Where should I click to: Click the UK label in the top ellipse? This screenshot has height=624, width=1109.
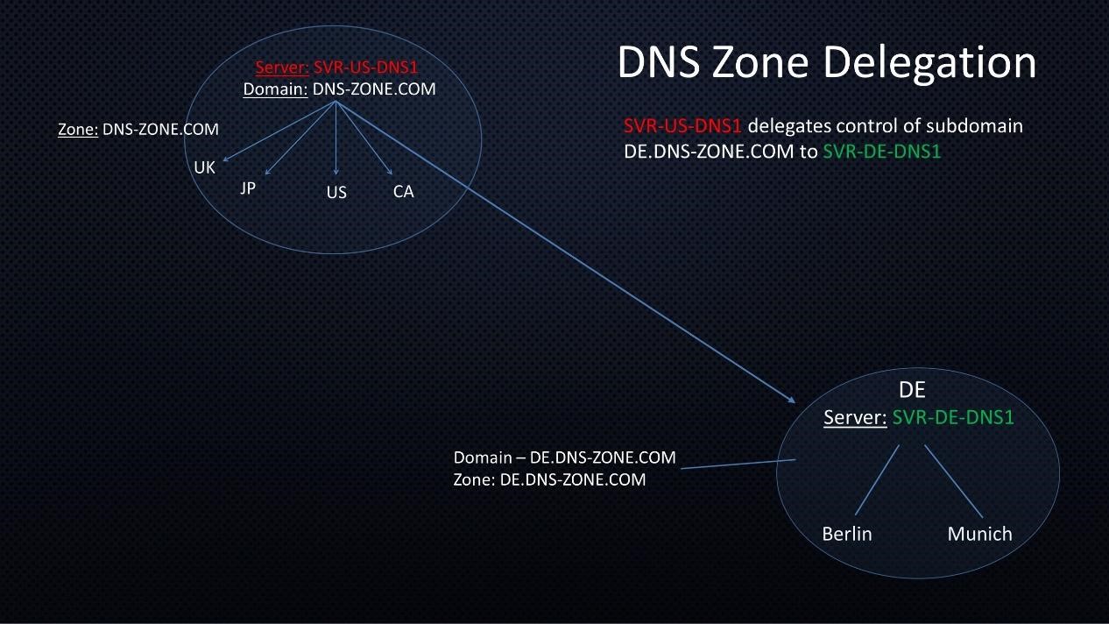[x=204, y=167]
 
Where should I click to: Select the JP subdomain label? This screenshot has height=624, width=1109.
[x=248, y=188]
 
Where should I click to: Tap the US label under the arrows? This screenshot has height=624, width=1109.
[x=336, y=192]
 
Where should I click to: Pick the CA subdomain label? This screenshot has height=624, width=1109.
[x=403, y=191]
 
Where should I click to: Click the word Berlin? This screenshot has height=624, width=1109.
[x=847, y=534]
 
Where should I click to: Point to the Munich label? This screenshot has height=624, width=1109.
[x=979, y=534]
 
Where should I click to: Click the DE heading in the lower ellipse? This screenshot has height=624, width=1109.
[x=912, y=391]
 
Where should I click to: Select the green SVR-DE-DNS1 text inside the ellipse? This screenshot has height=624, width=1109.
[x=953, y=418]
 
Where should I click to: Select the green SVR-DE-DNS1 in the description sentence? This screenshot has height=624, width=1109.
[x=882, y=151]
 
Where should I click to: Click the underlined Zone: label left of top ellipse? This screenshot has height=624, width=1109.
[x=77, y=130]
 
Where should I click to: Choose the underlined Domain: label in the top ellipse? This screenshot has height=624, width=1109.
[x=275, y=89]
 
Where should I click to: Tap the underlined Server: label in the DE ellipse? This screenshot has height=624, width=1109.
[x=855, y=418]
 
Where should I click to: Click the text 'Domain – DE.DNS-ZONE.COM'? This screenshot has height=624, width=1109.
[x=564, y=457]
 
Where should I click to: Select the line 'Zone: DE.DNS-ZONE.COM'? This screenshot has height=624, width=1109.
[x=549, y=479]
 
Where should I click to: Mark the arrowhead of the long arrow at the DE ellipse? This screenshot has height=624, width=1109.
[x=792, y=401]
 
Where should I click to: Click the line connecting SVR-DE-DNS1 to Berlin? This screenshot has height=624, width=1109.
[x=877, y=479]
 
